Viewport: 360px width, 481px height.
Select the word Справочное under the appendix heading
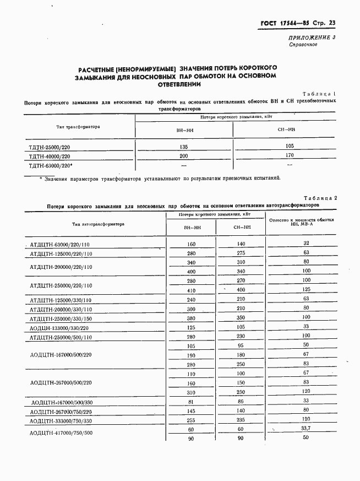point(303,45)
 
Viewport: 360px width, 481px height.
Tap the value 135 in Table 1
point(184,147)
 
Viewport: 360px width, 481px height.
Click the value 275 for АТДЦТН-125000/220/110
point(241,253)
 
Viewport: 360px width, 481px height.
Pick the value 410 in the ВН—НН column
point(191,290)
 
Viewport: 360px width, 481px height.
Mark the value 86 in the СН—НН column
point(241,402)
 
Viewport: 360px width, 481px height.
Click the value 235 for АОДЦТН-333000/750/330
point(241,420)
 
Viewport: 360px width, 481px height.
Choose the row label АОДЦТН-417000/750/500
point(61,433)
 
